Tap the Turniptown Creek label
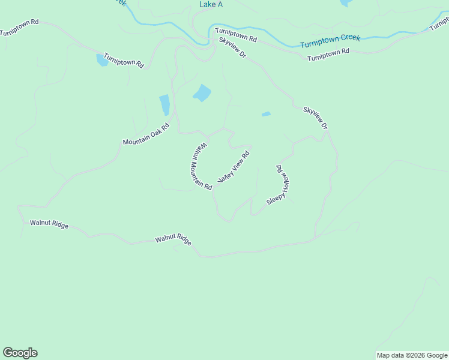tap(330, 41)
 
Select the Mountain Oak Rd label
tap(146, 134)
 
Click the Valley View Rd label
tap(233, 167)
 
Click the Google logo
tap(20, 353)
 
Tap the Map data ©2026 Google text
tap(412, 355)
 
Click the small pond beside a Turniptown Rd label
tap(102, 60)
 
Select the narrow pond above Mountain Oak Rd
tap(164, 105)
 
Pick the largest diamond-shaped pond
tap(202, 93)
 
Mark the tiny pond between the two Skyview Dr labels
tap(266, 114)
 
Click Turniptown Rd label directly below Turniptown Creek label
tap(328, 56)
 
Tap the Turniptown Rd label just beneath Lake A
tap(236, 34)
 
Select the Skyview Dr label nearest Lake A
tap(233, 47)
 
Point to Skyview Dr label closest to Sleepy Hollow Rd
tap(316, 118)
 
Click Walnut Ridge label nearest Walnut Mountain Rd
tap(173, 239)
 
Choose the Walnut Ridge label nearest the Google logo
tap(49, 224)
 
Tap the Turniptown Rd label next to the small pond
tap(124, 60)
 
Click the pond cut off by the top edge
tap(345, 2)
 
